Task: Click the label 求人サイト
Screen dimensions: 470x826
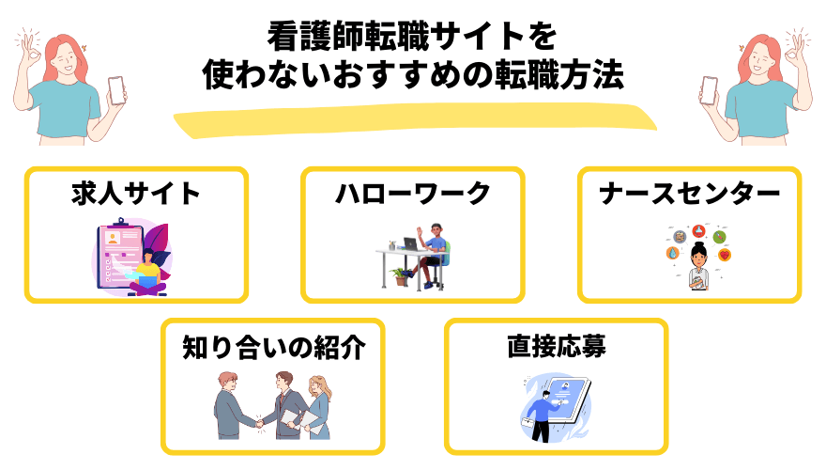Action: (136, 195)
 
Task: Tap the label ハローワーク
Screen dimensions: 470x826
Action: (413, 195)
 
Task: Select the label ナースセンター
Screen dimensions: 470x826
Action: (690, 195)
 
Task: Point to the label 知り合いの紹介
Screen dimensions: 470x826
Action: (273, 347)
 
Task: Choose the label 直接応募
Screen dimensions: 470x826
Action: (556, 347)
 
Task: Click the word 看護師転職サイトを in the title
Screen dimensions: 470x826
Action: (412, 38)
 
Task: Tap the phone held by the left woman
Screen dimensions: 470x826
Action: (117, 89)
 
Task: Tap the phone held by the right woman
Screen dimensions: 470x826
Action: (710, 89)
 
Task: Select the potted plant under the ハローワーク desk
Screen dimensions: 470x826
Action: (402, 275)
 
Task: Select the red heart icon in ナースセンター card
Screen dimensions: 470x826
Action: (724, 255)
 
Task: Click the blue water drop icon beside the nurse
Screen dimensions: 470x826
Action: (672, 254)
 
